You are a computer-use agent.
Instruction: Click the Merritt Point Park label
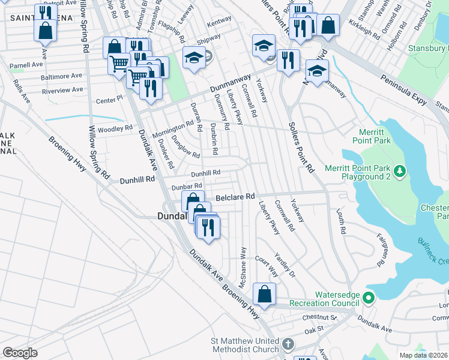(x=375, y=135)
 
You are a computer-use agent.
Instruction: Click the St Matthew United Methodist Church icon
(x=288, y=344)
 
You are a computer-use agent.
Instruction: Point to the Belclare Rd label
(x=235, y=196)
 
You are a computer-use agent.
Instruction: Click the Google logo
(x=20, y=352)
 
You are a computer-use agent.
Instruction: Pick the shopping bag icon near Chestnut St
(x=264, y=294)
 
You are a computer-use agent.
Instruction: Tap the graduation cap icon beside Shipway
(x=193, y=58)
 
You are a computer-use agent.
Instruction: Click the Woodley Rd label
(x=115, y=128)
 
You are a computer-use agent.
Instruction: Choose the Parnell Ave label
(x=26, y=64)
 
